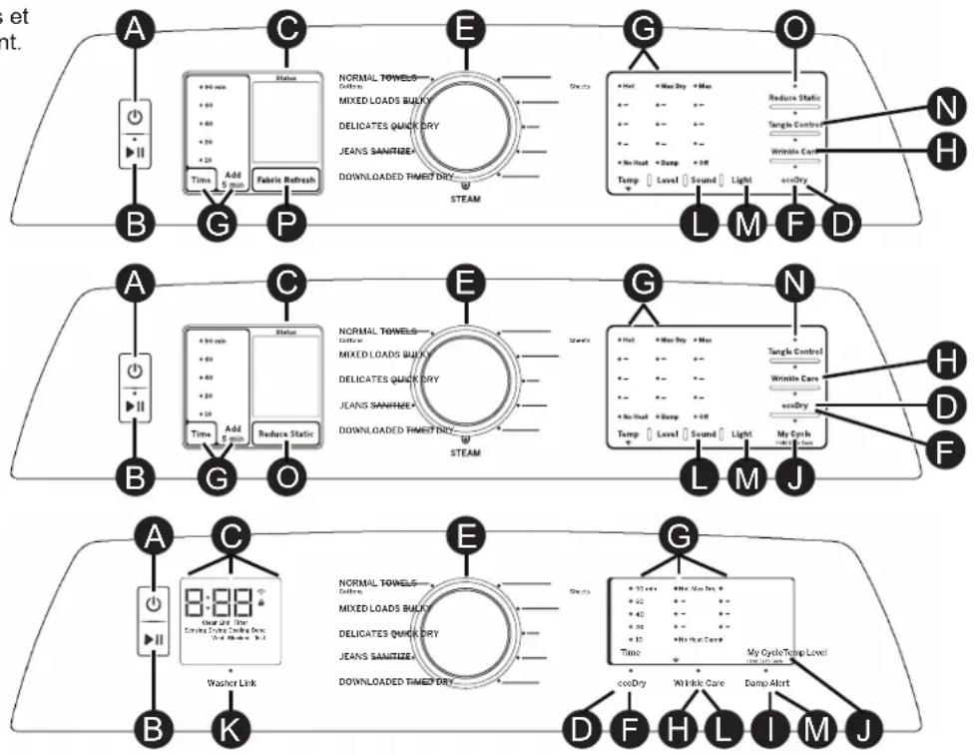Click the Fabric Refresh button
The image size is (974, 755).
point(285,180)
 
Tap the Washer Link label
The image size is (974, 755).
point(231,684)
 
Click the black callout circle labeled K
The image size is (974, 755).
point(231,729)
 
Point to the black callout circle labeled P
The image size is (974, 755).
point(286,226)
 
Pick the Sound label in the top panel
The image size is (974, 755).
point(704,181)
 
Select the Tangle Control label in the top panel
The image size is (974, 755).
point(795,124)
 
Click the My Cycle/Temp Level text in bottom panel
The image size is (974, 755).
point(787,652)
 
